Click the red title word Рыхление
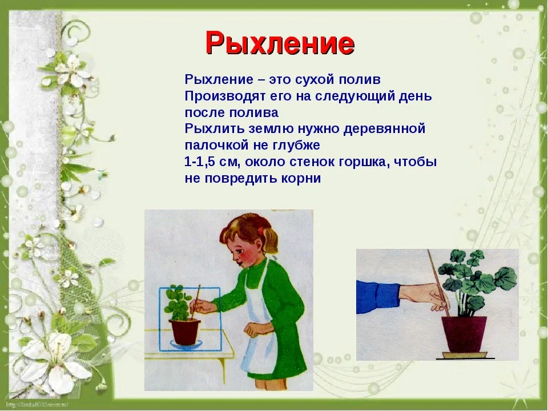280,43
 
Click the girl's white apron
261,329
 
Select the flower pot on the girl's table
184,331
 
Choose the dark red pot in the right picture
464,334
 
